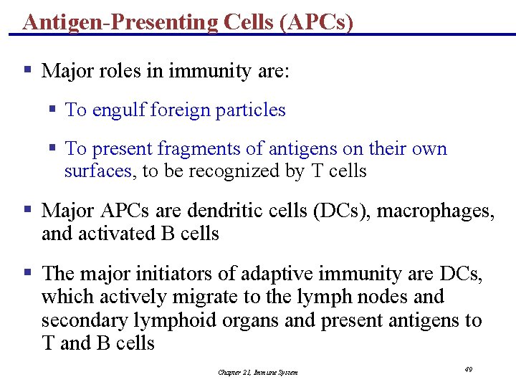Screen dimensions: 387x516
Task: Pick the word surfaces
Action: click(x=98, y=171)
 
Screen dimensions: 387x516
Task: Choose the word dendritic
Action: click(x=220, y=211)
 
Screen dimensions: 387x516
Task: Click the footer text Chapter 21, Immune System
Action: click(x=258, y=372)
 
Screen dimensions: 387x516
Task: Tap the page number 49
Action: click(x=468, y=369)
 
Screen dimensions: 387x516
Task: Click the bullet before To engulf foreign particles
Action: click(x=52, y=110)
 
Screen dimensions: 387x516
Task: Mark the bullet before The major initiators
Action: click(x=28, y=273)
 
